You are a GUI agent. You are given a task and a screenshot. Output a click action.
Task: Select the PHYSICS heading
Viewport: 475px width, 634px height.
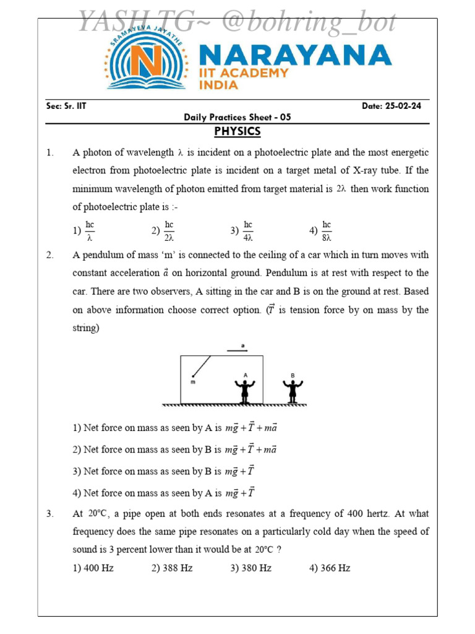point(237,132)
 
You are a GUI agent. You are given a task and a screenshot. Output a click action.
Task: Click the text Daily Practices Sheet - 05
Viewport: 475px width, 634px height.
point(237,117)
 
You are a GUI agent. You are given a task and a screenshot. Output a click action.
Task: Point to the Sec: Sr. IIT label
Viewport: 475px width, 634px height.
point(66,106)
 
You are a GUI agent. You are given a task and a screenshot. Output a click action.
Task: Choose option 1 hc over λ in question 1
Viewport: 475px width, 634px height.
point(84,230)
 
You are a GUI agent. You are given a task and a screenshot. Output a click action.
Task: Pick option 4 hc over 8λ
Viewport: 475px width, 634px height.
point(321,230)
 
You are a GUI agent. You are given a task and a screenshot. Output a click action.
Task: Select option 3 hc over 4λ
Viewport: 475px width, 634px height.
point(242,230)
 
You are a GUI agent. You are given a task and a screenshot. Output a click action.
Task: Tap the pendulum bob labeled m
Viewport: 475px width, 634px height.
point(194,376)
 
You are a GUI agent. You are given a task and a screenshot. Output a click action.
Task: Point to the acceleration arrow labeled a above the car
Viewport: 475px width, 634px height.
point(237,350)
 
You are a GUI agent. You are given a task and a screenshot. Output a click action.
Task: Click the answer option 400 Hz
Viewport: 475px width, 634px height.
point(93,568)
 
